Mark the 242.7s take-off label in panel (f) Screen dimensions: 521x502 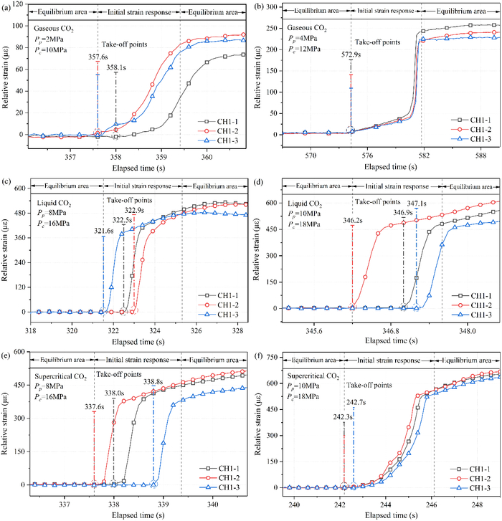[354, 403]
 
